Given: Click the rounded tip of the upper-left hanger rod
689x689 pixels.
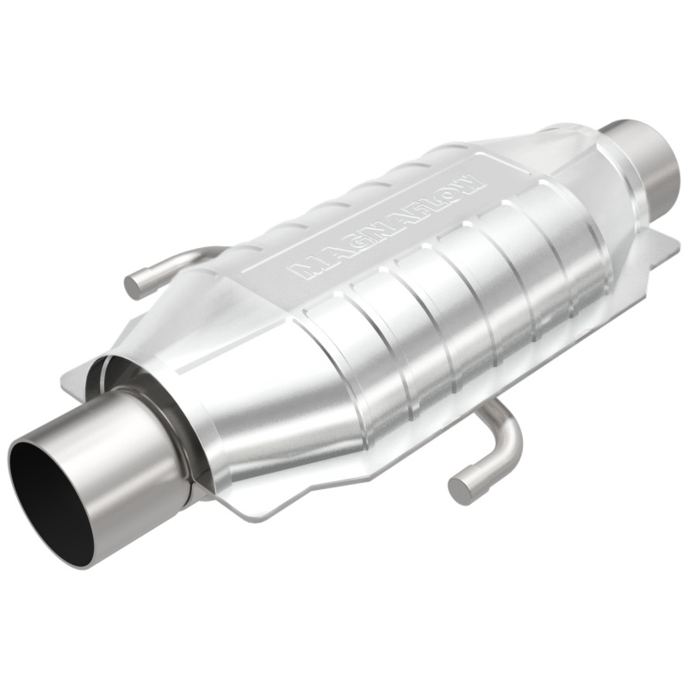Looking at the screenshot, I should pos(134,287).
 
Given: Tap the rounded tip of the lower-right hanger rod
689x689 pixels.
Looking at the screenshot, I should pos(461,489).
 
